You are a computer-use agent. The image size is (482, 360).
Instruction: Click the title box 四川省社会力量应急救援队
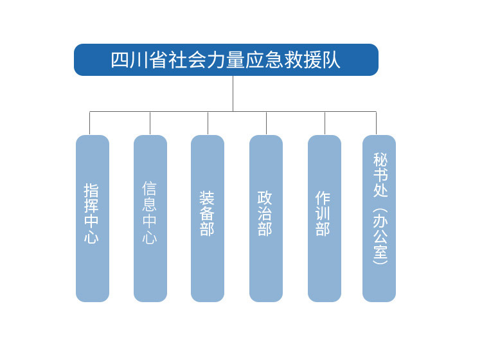click(226, 60)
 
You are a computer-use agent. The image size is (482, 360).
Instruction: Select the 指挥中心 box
click(93, 219)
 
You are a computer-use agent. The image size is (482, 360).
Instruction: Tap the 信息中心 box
click(150, 219)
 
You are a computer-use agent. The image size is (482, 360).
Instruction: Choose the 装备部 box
click(208, 219)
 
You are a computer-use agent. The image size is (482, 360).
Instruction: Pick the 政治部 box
click(266, 219)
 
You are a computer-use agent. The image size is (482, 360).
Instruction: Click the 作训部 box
click(325, 219)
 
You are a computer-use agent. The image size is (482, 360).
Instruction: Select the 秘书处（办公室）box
click(379, 219)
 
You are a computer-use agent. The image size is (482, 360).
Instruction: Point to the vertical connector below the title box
click(233, 93)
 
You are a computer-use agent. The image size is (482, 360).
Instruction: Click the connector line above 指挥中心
click(90, 123)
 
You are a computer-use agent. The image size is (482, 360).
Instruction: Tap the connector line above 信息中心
click(150, 123)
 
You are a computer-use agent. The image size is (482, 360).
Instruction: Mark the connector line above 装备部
click(208, 123)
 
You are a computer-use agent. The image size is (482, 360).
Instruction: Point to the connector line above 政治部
click(266, 123)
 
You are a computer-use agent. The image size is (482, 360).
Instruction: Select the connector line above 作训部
click(325, 123)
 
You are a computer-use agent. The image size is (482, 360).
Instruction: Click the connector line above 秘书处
click(376, 123)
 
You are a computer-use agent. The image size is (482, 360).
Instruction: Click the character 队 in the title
click(332, 60)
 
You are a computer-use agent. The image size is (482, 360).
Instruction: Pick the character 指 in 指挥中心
click(91, 190)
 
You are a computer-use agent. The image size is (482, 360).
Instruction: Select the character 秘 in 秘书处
click(380, 160)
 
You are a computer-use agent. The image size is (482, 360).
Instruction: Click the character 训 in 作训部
click(323, 213)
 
